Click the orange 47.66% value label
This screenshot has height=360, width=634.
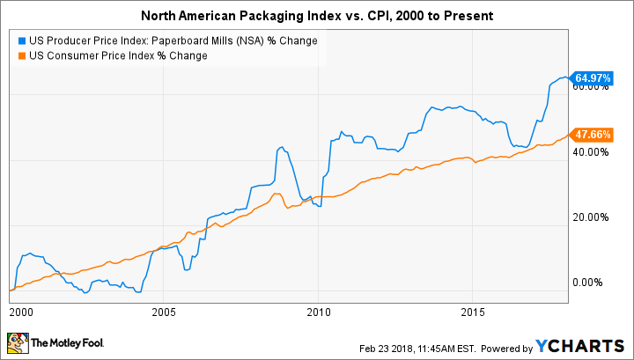(590, 135)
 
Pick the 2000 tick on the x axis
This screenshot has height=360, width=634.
(20, 312)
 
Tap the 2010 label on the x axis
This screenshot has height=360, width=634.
(318, 312)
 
